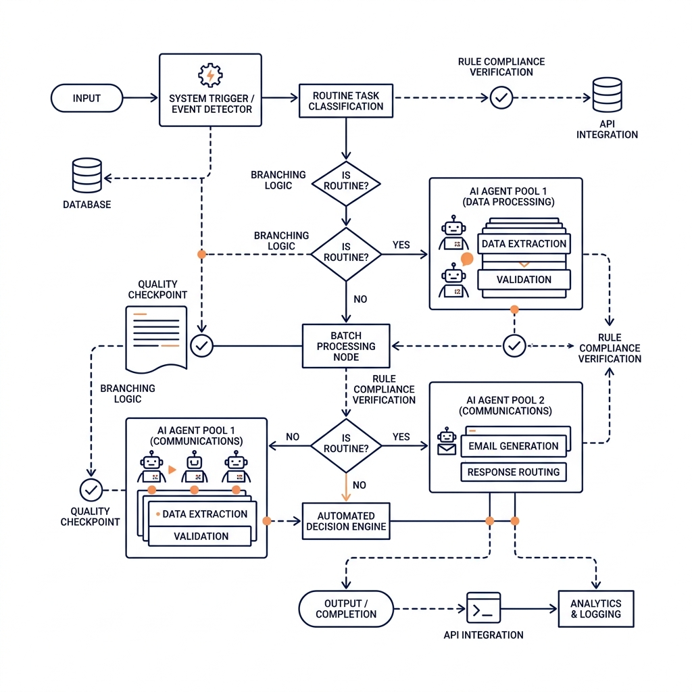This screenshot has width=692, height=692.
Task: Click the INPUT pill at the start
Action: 86,99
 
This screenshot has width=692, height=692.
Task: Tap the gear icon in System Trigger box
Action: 210,74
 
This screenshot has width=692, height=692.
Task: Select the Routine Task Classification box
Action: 346,101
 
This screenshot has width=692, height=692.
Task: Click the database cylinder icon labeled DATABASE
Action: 86,176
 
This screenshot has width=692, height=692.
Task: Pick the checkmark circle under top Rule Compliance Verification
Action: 501,98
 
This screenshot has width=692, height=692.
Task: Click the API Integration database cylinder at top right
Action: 606,95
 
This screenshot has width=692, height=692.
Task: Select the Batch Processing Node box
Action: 346,346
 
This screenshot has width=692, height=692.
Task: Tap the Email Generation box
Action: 514,446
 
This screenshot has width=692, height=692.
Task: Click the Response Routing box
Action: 514,472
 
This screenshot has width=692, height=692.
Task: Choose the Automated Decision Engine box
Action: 346,521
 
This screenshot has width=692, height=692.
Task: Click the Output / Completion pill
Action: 346,609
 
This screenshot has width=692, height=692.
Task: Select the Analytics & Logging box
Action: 595,609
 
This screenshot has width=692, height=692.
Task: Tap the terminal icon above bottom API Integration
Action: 483,608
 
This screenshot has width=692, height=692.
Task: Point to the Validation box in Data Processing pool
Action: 524,279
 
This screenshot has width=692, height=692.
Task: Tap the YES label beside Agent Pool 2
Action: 401,437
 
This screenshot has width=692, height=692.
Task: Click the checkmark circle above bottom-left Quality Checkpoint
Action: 91,489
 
